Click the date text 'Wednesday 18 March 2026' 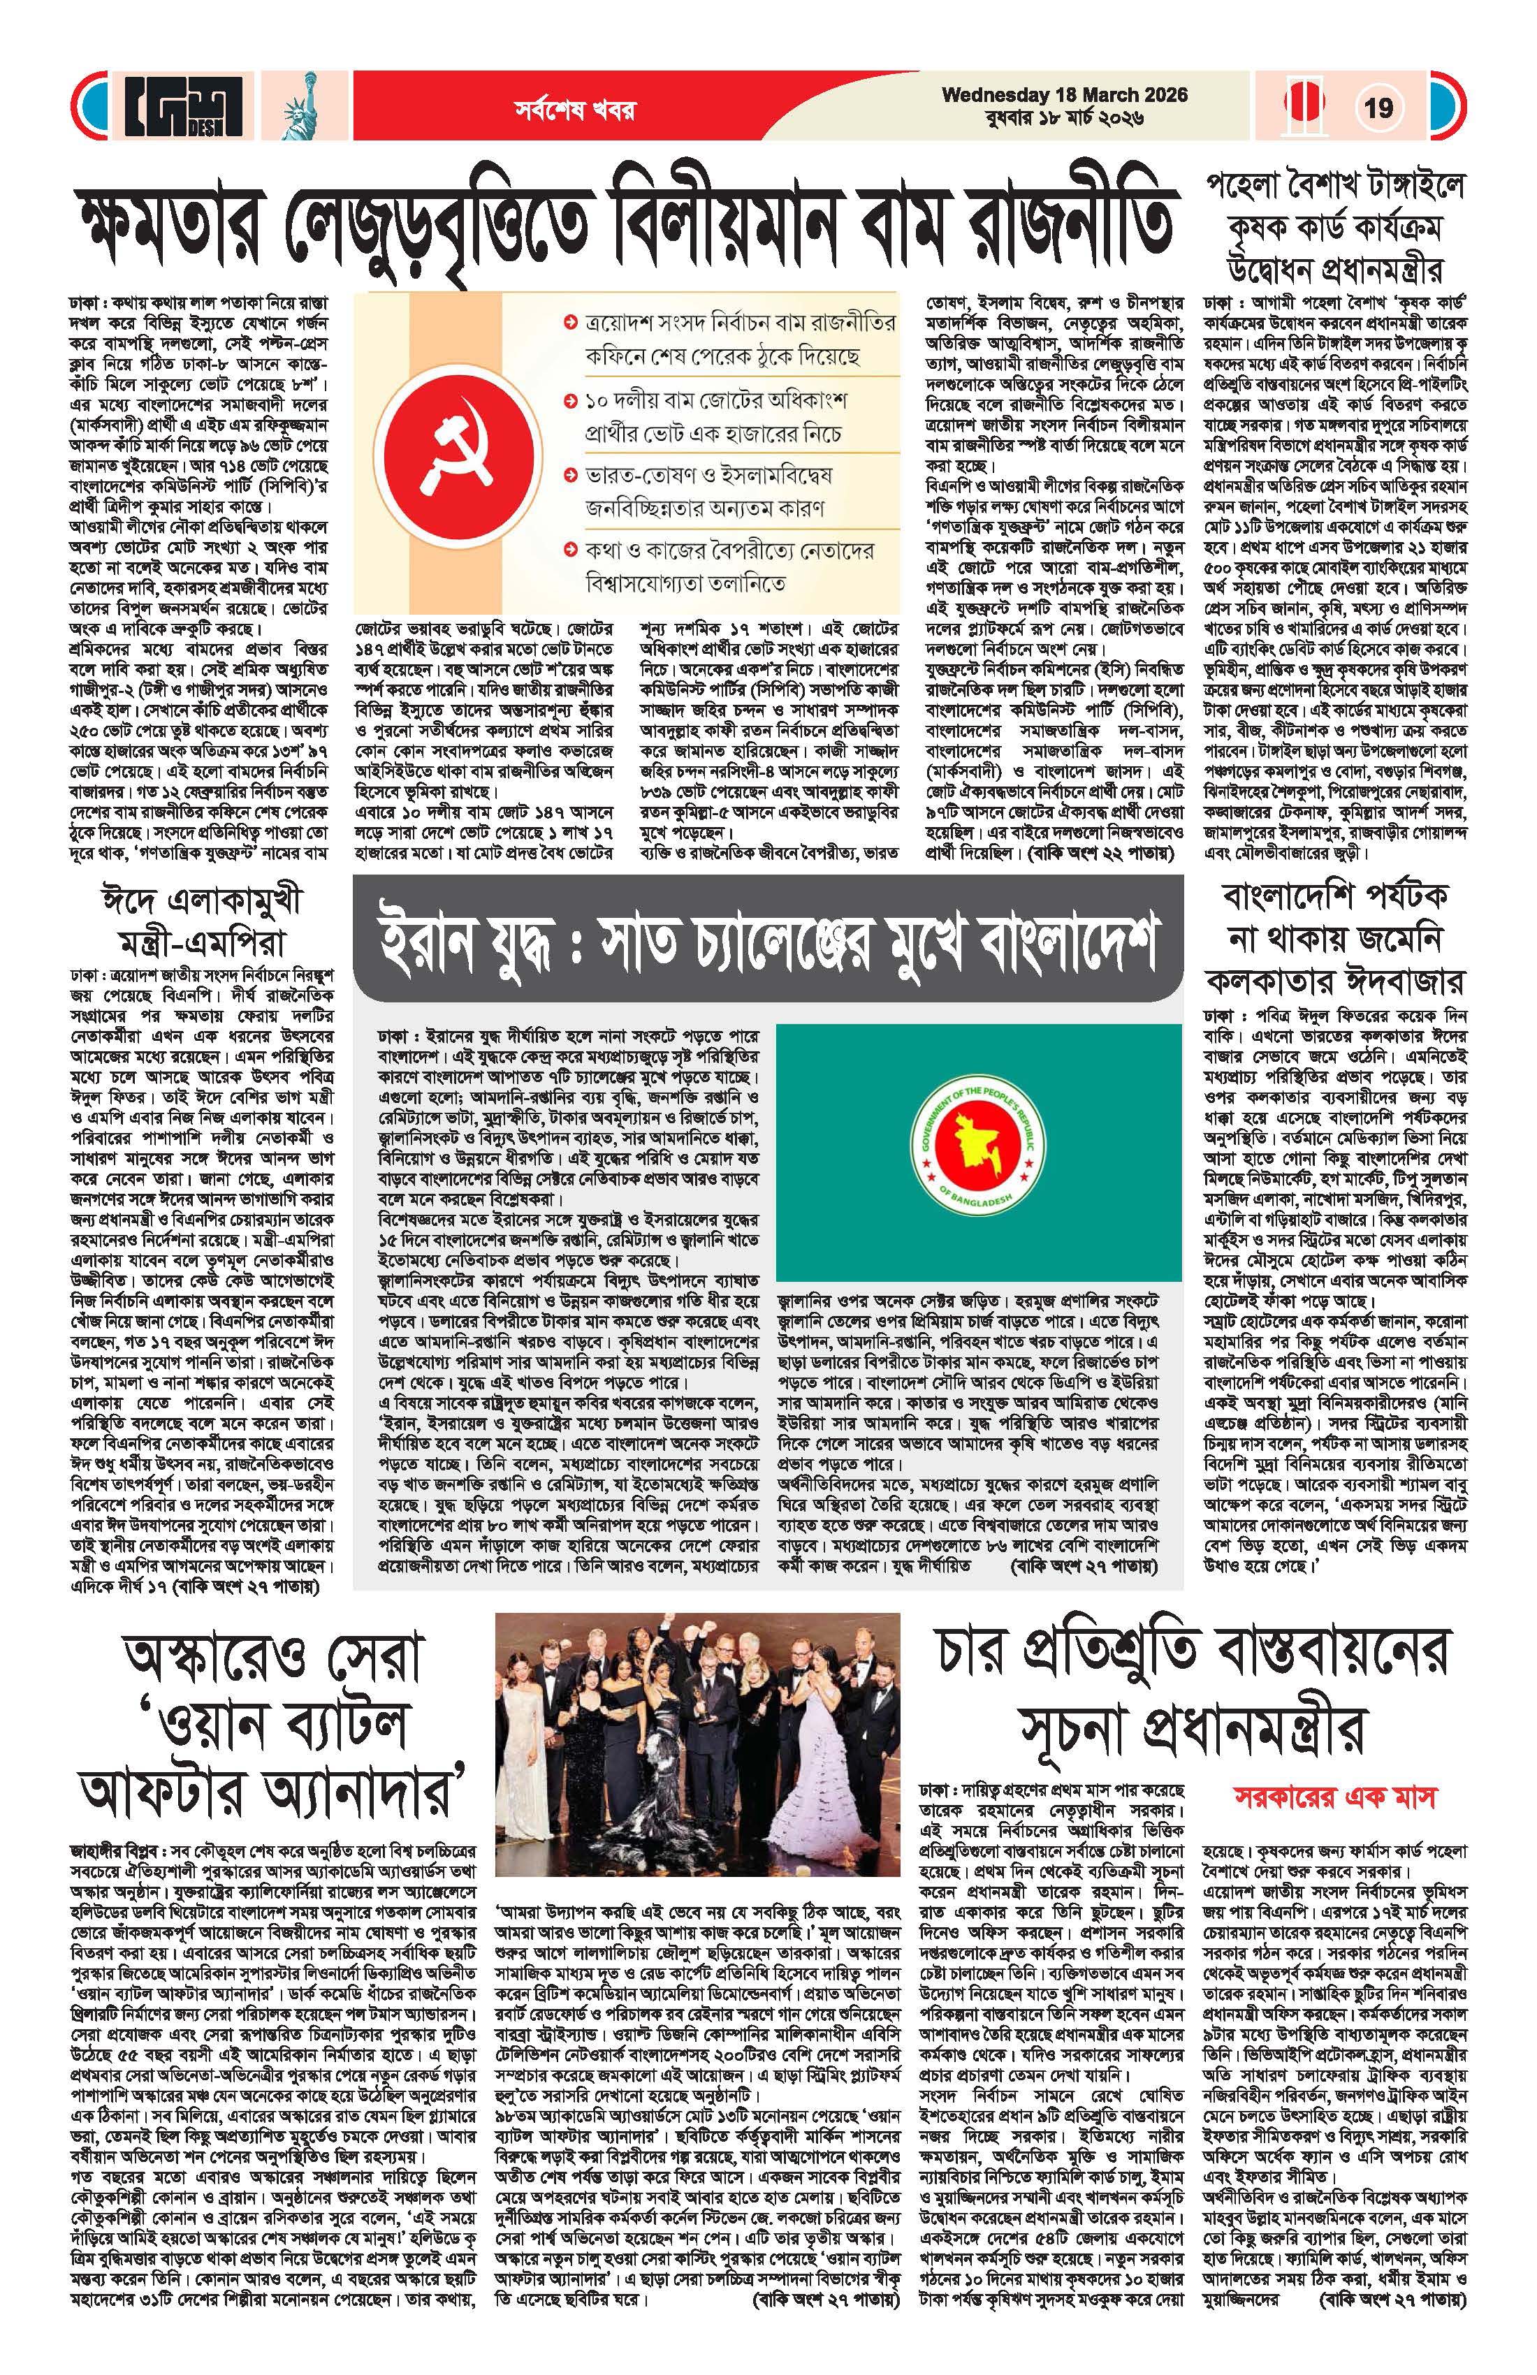pyautogui.click(x=1064, y=95)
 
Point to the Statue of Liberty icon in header pyautogui.click(x=300, y=108)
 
